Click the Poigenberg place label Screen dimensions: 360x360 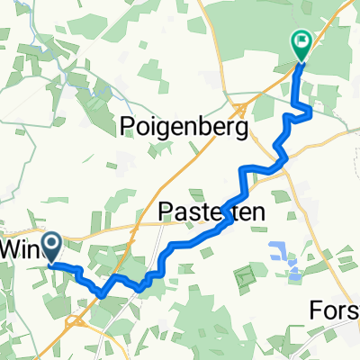pyautogui.click(x=184, y=129)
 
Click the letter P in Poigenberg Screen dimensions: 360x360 pyautogui.click(x=127, y=128)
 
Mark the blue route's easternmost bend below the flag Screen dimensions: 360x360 pyautogui.click(x=311, y=111)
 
